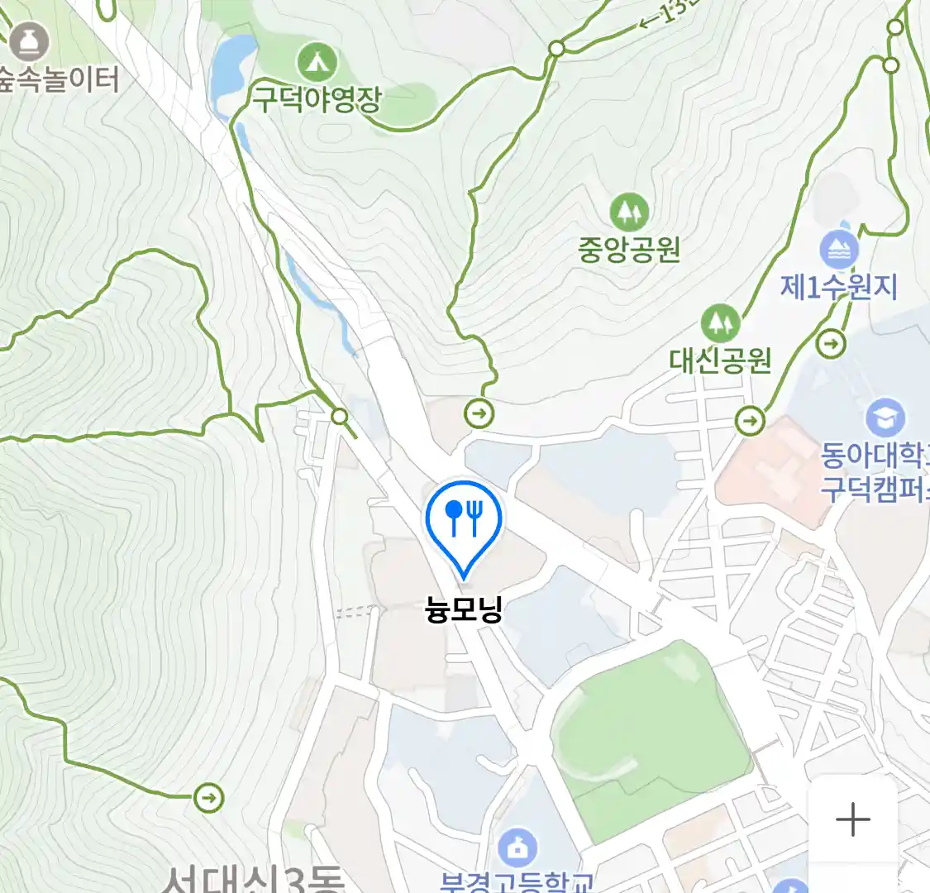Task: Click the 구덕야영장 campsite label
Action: pos(317,99)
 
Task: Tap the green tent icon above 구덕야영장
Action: pos(317,61)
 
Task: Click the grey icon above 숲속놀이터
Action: pos(29,41)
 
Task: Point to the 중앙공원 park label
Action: pos(629,248)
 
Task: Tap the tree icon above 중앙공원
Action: pos(629,213)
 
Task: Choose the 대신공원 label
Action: pos(720,360)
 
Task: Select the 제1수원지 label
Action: pos(838,286)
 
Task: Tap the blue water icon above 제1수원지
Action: pos(839,251)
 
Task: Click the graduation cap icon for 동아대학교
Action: pos(885,419)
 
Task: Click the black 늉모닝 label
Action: pos(464,609)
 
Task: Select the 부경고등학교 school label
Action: pos(517,881)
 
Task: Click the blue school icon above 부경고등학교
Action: pos(517,848)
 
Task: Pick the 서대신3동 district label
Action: pos(252,878)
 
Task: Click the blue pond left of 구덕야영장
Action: pos(229,66)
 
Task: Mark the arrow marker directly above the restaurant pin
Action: pos(479,413)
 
